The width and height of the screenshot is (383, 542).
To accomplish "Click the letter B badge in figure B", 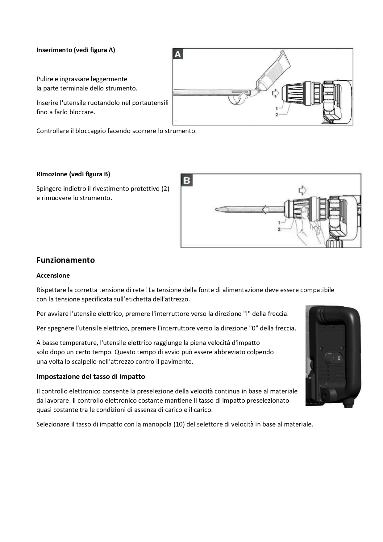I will (x=187, y=180).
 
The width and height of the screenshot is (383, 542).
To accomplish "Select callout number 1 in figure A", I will (x=277, y=108).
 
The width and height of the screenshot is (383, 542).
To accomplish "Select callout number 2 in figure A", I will (x=277, y=114).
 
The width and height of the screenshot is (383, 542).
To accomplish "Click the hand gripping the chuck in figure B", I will (x=306, y=227).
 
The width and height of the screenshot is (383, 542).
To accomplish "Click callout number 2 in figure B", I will (x=279, y=229).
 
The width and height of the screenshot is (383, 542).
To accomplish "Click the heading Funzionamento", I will (x=65, y=260).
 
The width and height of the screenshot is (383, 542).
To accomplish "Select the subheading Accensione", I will (x=53, y=275).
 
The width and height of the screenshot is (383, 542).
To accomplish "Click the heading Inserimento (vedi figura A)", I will (x=76, y=50).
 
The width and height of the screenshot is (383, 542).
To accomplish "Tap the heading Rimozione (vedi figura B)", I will (x=73, y=174).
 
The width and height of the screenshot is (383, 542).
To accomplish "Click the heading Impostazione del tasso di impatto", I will (x=91, y=376).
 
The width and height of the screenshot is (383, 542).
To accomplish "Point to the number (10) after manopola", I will (x=179, y=424).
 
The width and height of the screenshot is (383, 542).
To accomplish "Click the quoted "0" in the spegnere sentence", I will (x=253, y=328).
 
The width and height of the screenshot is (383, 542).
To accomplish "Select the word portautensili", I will (x=150, y=103).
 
